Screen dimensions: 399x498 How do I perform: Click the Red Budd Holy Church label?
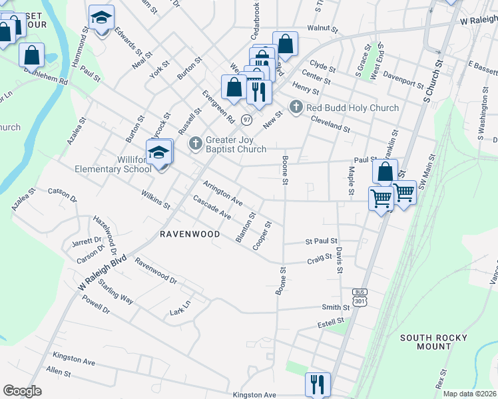pyautogui.click(x=352, y=108)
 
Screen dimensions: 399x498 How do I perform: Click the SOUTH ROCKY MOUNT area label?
pyautogui.click(x=435, y=342)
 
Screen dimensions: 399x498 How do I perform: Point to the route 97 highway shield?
pyautogui.click(x=247, y=120)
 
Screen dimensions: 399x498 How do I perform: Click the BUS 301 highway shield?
pyautogui.click(x=360, y=298)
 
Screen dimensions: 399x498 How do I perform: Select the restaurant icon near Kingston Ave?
pyautogui.click(x=318, y=384)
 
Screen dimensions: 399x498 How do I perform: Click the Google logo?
pyautogui.click(x=22, y=390)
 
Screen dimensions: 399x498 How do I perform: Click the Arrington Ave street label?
pyautogui.click(x=222, y=192)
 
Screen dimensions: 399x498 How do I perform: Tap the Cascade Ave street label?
pyautogui.click(x=212, y=208)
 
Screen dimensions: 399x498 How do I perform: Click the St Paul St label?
pyautogui.click(x=322, y=241)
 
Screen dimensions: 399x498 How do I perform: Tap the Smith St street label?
pyautogui.click(x=336, y=307)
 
